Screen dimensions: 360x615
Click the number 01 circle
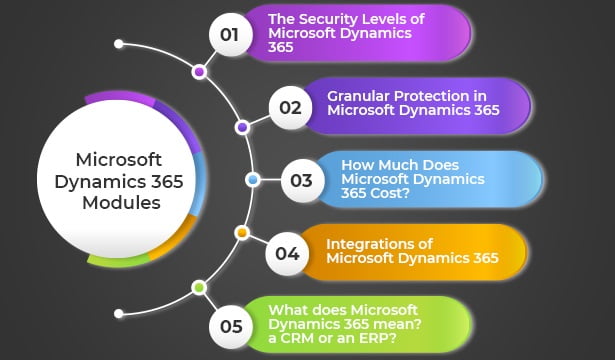pyautogui.click(x=229, y=36)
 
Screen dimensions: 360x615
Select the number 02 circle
pyautogui.click(x=290, y=107)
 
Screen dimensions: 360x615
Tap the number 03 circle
pyautogui.click(x=302, y=181)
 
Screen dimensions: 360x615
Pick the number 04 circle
pyautogui.click(x=287, y=253)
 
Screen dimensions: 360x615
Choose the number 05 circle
pyautogui.click(x=230, y=326)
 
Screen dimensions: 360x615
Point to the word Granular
pyautogui.click(x=357, y=96)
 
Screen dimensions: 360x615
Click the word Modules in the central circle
pyautogui.click(x=121, y=202)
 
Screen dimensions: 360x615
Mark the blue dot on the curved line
pyautogui.click(x=252, y=180)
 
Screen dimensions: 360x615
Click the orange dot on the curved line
pyautogui.click(x=241, y=232)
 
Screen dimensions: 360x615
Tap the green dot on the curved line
pyautogui.click(x=199, y=287)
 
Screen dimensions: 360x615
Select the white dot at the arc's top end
pyautogui.click(x=119, y=44)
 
